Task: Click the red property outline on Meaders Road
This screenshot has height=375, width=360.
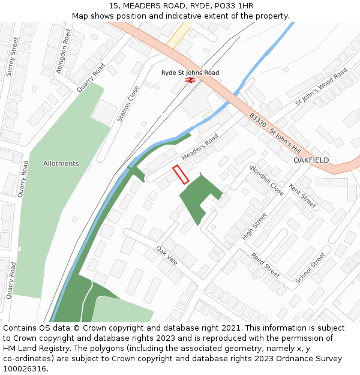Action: click(181, 175)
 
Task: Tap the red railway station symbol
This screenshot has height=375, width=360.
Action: click(190, 79)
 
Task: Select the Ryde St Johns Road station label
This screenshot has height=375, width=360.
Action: click(190, 73)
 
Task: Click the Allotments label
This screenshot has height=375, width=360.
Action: click(61, 163)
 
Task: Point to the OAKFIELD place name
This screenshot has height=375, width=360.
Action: click(311, 160)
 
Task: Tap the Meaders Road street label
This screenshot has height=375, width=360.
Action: click(200, 147)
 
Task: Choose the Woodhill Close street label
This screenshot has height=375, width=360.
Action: click(266, 181)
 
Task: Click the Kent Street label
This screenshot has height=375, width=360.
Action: click(302, 197)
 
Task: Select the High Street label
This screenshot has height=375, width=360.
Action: click(254, 227)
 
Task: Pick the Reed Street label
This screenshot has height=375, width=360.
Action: click(265, 265)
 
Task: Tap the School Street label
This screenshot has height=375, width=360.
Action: click(310, 268)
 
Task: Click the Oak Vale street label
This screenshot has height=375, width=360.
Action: click(167, 254)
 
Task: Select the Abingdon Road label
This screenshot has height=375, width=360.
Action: click(63, 52)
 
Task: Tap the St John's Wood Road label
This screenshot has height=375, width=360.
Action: click(321, 87)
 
